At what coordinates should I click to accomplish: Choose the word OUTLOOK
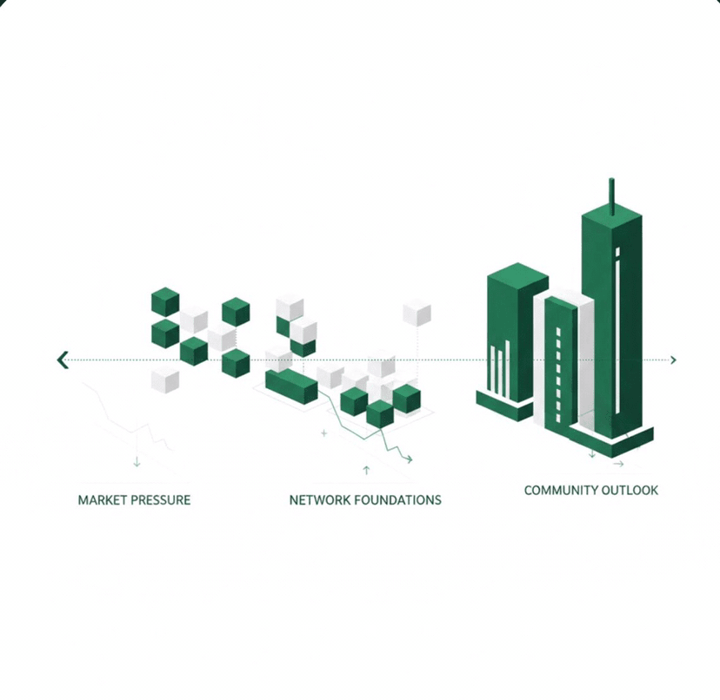click(634, 491)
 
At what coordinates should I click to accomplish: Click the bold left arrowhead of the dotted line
click(63, 360)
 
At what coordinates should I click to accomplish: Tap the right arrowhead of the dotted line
click(673, 360)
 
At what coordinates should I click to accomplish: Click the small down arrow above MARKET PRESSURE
click(137, 461)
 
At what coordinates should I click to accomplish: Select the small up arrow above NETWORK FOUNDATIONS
click(366, 470)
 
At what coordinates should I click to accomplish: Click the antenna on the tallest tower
click(611, 195)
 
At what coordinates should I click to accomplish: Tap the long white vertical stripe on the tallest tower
click(617, 330)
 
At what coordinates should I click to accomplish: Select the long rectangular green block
click(291, 386)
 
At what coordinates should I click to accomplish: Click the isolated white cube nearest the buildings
click(417, 313)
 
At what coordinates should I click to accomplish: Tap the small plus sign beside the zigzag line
click(324, 432)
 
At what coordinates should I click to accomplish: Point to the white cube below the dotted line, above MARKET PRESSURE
click(165, 380)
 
